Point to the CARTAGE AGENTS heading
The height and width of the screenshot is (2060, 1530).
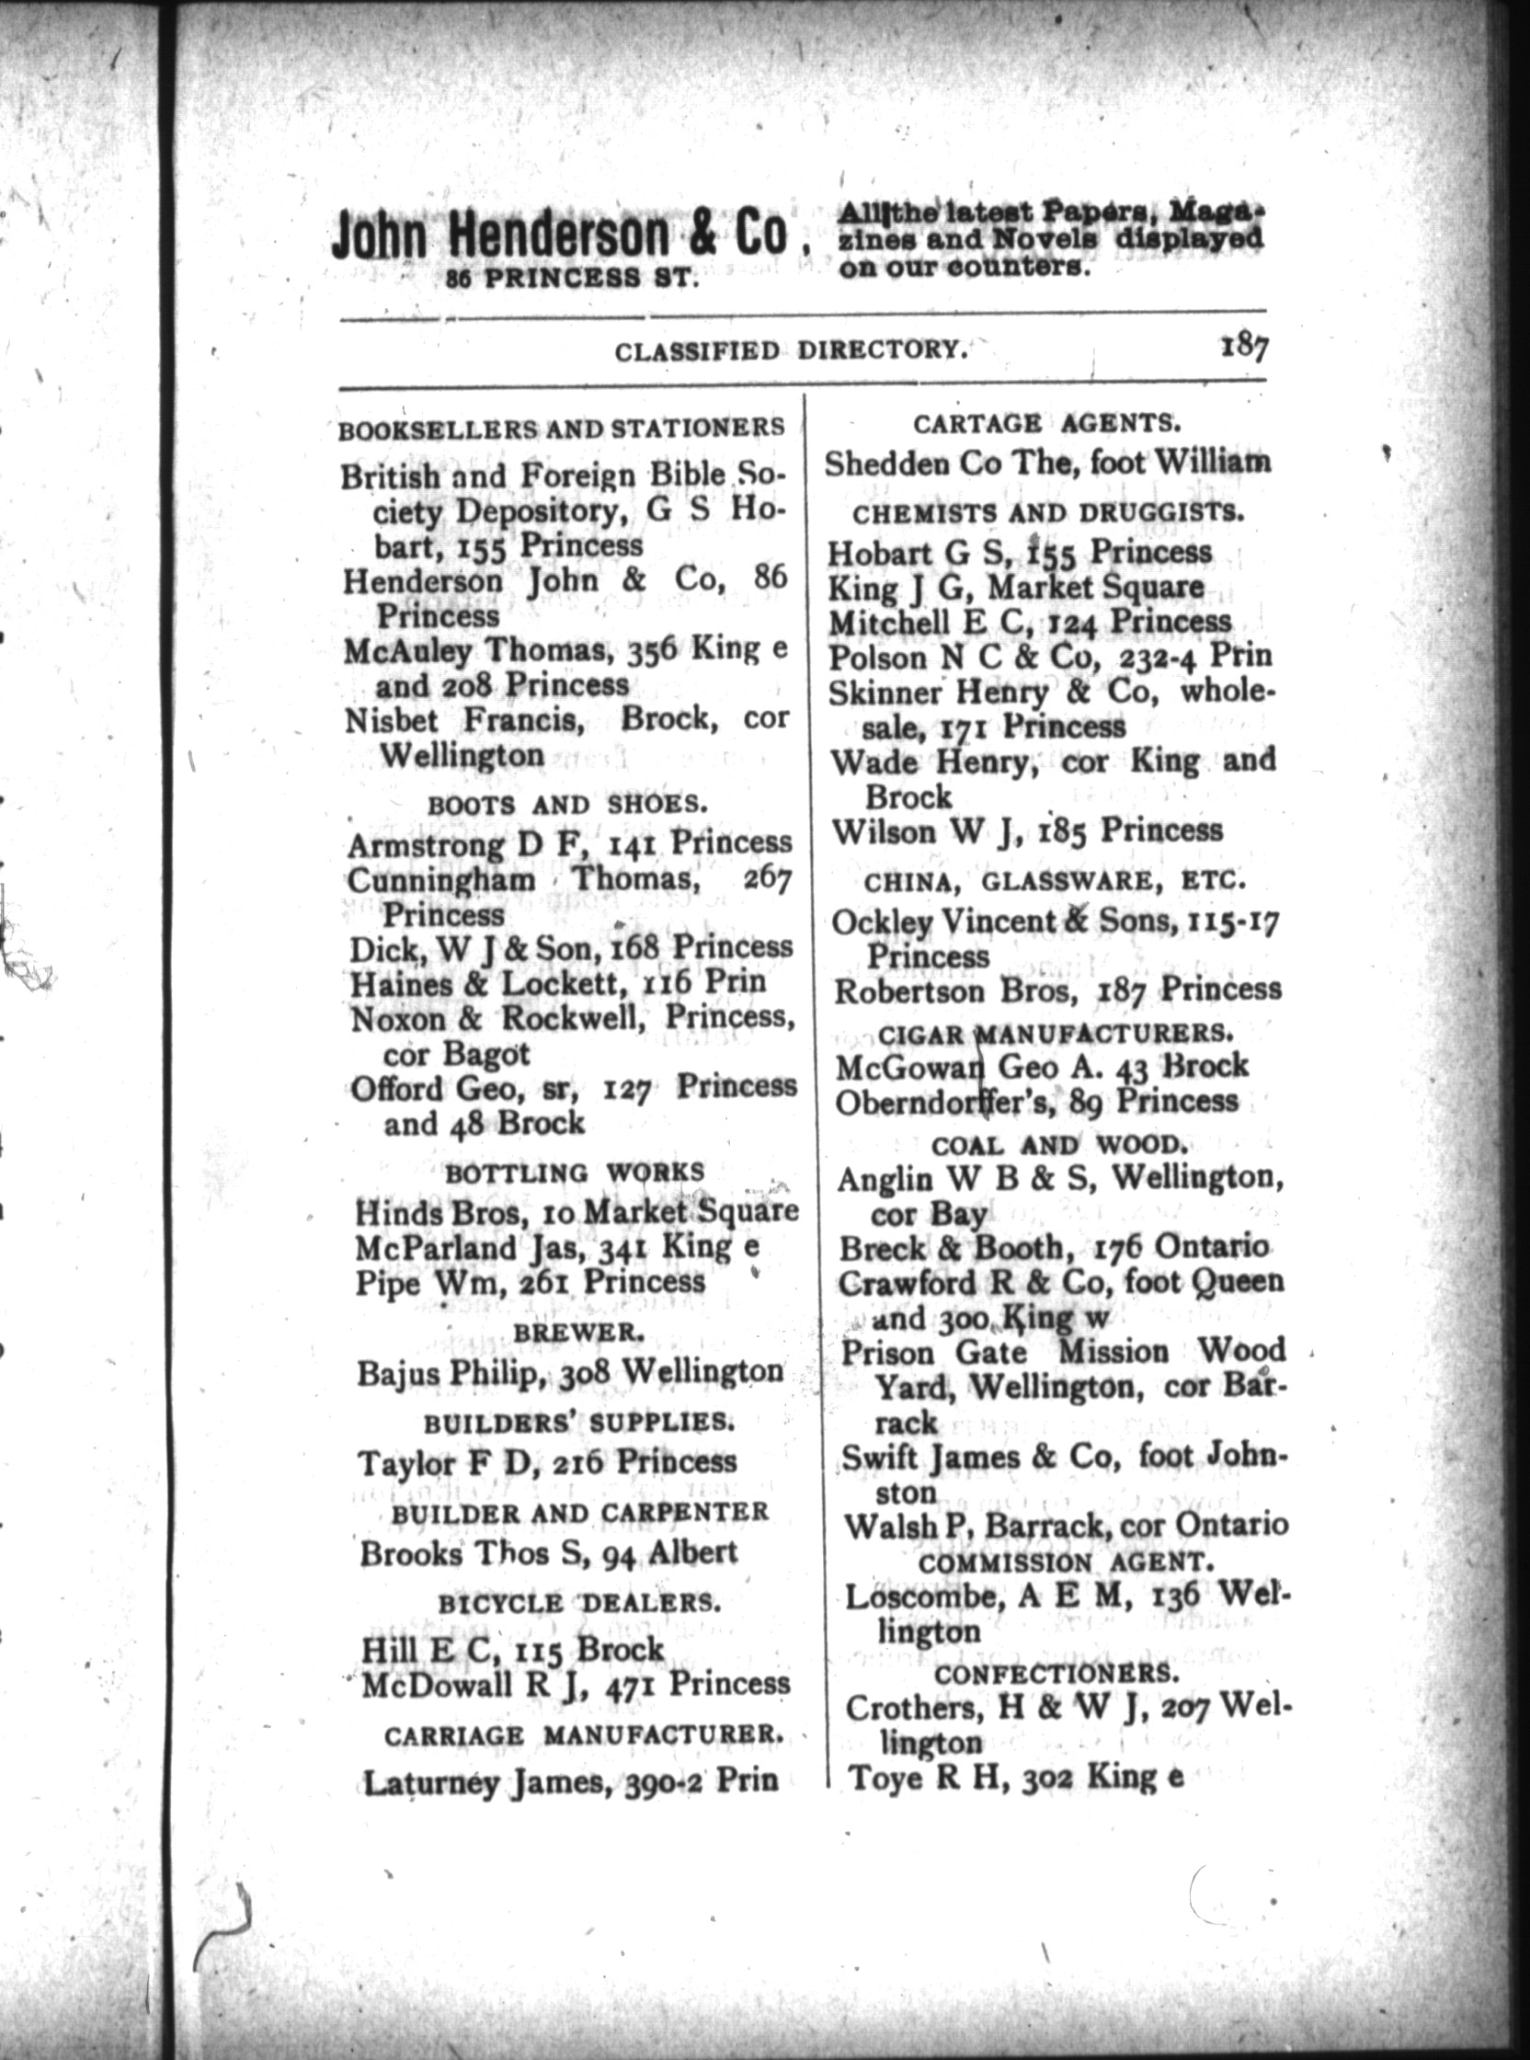point(1046,424)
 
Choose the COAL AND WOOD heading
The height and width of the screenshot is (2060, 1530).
point(1059,1145)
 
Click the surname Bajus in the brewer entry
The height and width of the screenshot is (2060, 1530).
point(399,1372)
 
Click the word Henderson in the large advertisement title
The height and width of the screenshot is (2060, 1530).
point(557,235)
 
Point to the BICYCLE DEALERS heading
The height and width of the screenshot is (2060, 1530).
point(578,1603)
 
